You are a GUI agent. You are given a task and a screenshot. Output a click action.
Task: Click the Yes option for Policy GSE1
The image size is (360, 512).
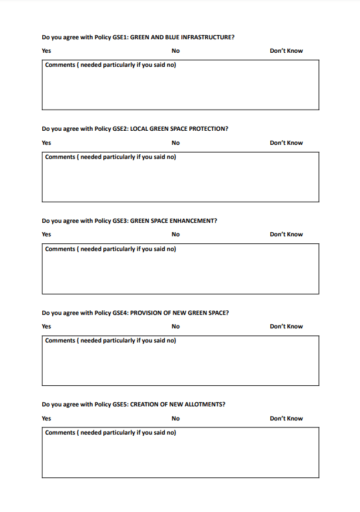click(46, 51)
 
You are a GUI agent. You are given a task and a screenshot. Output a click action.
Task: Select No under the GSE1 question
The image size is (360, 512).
click(176, 51)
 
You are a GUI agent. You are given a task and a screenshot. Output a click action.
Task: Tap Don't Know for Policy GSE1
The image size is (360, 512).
click(286, 51)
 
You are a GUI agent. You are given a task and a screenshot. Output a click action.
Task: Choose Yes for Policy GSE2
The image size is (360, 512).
click(46, 143)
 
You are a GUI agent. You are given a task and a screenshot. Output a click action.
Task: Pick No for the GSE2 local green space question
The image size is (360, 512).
click(176, 143)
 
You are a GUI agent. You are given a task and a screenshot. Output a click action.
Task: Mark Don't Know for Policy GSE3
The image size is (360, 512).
click(286, 235)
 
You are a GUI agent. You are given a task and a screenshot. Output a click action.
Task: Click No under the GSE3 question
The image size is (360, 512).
click(176, 235)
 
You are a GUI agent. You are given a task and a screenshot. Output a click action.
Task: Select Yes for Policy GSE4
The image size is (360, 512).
click(46, 327)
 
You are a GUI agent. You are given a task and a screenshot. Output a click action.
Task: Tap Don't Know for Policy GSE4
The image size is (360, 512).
click(286, 327)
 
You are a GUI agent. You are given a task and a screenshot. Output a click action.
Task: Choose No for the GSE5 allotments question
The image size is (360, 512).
click(176, 419)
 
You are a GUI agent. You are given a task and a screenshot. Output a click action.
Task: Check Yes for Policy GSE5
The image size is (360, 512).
click(46, 419)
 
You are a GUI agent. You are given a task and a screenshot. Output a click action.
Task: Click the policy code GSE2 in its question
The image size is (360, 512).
click(120, 129)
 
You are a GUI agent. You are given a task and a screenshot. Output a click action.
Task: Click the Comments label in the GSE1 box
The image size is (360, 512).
click(60, 65)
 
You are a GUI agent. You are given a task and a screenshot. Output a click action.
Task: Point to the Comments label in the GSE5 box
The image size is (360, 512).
click(60, 433)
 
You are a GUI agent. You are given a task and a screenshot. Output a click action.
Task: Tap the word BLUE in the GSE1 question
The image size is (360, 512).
click(172, 38)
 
